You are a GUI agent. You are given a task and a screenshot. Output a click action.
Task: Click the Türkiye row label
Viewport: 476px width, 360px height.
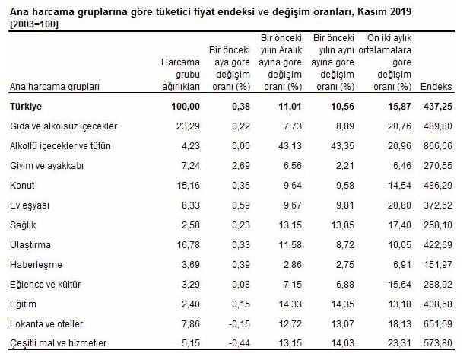click(x=25, y=106)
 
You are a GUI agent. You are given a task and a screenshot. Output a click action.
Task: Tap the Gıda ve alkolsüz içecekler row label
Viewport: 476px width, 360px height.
click(x=62, y=126)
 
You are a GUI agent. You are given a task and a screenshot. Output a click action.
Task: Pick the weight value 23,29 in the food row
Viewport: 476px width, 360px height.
click(x=186, y=126)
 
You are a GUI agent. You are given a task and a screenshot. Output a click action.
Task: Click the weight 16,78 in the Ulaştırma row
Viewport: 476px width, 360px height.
click(x=186, y=244)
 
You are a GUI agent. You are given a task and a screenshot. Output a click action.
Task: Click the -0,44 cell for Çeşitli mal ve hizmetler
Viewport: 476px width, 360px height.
click(x=241, y=343)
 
